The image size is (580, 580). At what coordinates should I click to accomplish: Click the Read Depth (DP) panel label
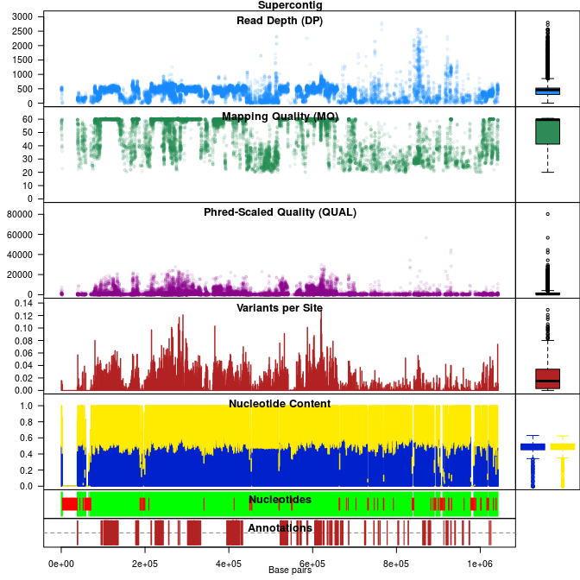[280, 21]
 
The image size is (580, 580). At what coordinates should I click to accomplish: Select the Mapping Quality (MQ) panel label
[280, 117]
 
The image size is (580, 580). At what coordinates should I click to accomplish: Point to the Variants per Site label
[280, 307]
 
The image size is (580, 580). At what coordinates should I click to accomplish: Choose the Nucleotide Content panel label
[280, 403]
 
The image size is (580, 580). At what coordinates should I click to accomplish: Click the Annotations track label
[280, 527]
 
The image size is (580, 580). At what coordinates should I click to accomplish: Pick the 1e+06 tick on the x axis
[480, 562]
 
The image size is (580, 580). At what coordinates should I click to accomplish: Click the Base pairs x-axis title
[290, 571]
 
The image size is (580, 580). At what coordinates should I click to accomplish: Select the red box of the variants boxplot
[547, 379]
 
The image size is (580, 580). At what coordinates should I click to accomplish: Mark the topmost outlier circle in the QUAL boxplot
[547, 213]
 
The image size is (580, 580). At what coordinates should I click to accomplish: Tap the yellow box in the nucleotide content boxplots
[563, 446]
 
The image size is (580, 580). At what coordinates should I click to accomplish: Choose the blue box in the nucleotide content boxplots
[533, 446]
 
